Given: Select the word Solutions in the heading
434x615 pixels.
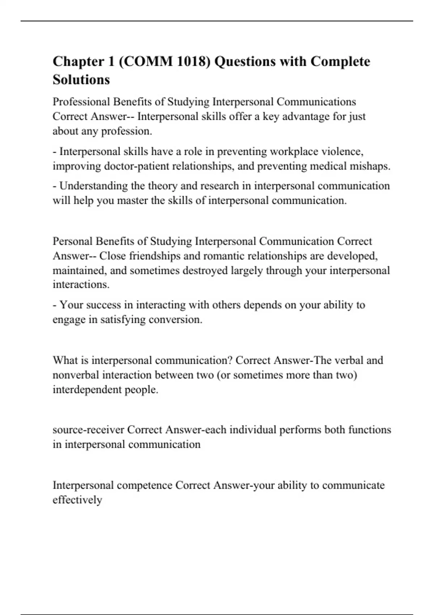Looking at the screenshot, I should pos(81,80).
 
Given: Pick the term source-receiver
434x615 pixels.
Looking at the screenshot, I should pos(88,430).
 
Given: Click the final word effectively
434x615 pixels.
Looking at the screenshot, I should pos(77,500).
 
